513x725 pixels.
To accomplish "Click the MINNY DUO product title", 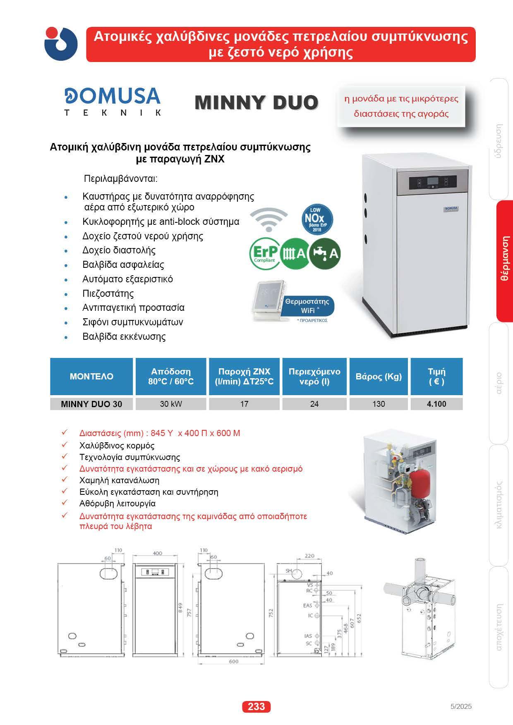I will tap(256, 102).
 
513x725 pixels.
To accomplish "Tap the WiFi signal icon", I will tap(269, 219).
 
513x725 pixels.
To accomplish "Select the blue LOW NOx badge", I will tap(318, 218).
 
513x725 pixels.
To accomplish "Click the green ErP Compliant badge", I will tap(265, 253).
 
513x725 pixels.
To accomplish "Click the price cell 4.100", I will tap(436, 404).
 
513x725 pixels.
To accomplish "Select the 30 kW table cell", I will tap(171, 404).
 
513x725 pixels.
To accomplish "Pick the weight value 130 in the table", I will tap(379, 404).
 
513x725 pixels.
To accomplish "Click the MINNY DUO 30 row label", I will tap(91, 404).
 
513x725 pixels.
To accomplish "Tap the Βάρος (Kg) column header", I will tap(379, 376).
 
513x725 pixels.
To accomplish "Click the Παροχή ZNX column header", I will tap(244, 376).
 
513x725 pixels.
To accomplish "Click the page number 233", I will tap(256, 706).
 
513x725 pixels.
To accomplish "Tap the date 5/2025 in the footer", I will tap(460, 706).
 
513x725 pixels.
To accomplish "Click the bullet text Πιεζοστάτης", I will tap(108, 293).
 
